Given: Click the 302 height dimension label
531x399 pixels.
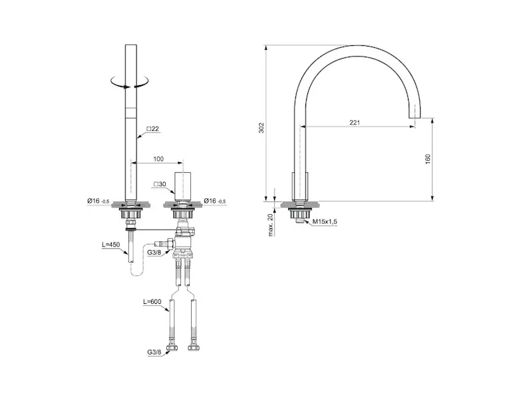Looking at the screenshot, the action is click(261, 127).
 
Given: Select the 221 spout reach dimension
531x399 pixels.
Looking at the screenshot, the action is click(355, 122).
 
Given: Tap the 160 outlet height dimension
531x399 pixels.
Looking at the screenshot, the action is click(428, 159).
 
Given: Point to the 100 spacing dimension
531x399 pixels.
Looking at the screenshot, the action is click(158, 159).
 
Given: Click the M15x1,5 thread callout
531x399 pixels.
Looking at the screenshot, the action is click(325, 221).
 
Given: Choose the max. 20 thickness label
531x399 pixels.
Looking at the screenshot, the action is click(271, 225).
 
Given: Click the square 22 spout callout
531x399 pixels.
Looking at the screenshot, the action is click(152, 128).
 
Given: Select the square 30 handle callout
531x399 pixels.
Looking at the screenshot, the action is click(160, 184).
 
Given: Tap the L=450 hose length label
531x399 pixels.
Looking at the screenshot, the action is click(111, 244).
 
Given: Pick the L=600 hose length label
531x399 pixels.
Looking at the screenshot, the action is click(152, 301).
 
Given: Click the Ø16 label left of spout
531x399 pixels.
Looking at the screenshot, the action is click(98, 201).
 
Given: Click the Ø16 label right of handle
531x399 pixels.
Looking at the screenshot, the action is click(215, 201).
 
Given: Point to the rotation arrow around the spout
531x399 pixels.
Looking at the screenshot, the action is click(130, 83).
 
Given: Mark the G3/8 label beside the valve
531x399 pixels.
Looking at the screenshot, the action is click(154, 252).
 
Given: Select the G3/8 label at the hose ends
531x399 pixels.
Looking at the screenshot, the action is click(154, 352).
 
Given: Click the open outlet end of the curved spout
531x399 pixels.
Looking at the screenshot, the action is click(415, 118).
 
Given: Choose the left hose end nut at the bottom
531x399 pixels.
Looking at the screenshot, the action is click(173, 348).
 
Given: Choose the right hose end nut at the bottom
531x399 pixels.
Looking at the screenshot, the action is click(193, 348).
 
